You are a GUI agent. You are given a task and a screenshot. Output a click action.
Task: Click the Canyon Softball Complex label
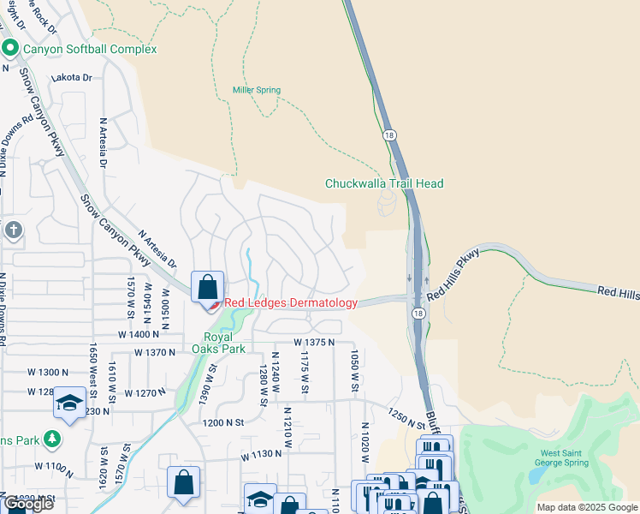pyautogui.click(x=90, y=49)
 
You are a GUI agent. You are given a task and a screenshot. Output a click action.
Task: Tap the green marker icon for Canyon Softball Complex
pyautogui.click(x=10, y=49)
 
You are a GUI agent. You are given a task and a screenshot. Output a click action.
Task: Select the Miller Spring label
pyautogui.click(x=257, y=90)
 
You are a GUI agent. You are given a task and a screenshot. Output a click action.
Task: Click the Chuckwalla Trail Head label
pyautogui.click(x=384, y=183)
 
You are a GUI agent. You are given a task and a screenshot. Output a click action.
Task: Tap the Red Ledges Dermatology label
pyautogui.click(x=291, y=303)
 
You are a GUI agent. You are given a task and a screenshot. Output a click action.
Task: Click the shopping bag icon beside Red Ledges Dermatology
pyautogui.click(x=208, y=287)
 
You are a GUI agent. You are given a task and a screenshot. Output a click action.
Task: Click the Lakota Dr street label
pyautogui.click(x=72, y=77)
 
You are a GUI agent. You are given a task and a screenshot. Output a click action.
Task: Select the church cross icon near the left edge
pyautogui.click(x=13, y=230)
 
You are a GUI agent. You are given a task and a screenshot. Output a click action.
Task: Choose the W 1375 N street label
pyautogui.click(x=313, y=342)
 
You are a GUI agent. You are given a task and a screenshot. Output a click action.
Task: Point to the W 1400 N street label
pyautogui.click(x=140, y=334)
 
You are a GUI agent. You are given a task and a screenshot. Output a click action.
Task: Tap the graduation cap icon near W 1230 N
pyautogui.click(x=68, y=403)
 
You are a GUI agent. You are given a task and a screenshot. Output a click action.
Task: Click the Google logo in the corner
pyautogui.click(x=28, y=504)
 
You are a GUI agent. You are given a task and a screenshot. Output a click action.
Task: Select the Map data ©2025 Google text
pyautogui.click(x=587, y=507)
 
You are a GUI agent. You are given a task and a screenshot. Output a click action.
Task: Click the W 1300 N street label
pyautogui.click(x=47, y=372)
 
